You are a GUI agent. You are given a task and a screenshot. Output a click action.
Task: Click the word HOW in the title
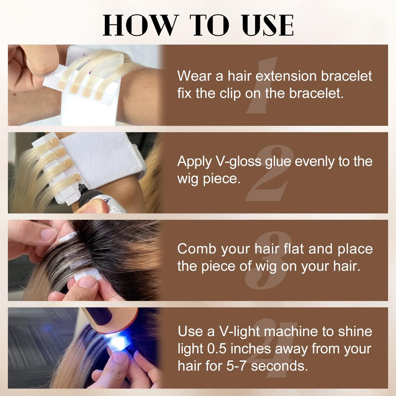point(140,25)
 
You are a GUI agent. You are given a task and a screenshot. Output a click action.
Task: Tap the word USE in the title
point(268,25)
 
